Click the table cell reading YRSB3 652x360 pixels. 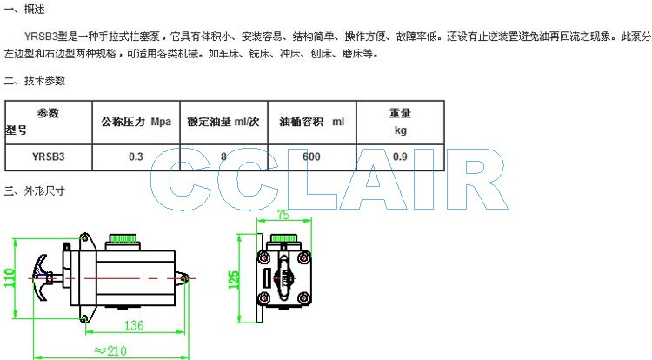(x=48, y=157)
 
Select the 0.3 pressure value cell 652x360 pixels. (x=136, y=157)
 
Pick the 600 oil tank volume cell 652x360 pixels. (x=311, y=157)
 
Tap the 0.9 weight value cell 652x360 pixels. (x=400, y=157)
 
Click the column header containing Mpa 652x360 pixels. (x=136, y=123)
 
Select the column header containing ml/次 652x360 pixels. (x=223, y=123)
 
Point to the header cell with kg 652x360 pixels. (x=400, y=123)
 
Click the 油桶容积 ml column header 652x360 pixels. (x=311, y=123)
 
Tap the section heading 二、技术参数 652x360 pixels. (x=35, y=81)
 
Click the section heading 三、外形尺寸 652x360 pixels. (x=35, y=191)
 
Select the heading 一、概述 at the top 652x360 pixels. (x=24, y=10)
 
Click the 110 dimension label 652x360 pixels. (x=10, y=277)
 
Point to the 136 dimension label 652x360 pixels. (x=134, y=325)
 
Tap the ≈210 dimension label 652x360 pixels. (x=110, y=351)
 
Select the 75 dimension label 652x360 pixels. (x=283, y=215)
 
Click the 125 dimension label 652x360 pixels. (x=234, y=280)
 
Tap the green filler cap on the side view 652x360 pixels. (x=123, y=238)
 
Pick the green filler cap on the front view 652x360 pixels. (x=283, y=238)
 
